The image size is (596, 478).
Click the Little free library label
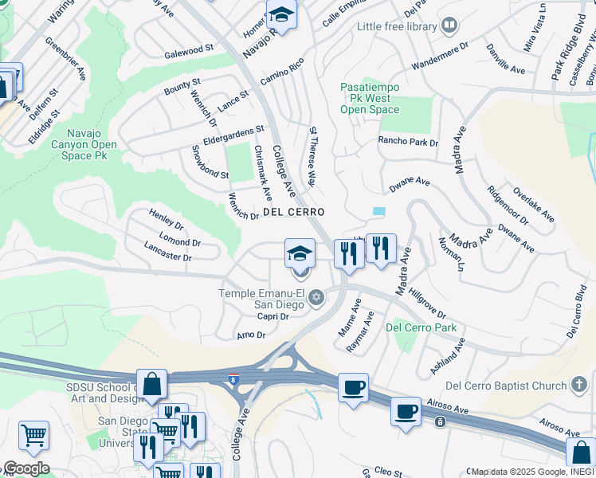(x=397, y=26)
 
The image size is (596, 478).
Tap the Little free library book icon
(x=449, y=26)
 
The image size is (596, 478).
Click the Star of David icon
(x=316, y=298)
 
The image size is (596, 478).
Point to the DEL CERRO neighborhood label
(x=293, y=212)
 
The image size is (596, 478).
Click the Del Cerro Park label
(x=421, y=327)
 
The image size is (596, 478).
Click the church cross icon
(x=578, y=386)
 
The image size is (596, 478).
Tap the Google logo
(x=25, y=468)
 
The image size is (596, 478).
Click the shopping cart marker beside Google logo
(x=33, y=436)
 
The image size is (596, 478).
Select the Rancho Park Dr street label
(x=408, y=143)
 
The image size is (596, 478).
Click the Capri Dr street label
(x=272, y=316)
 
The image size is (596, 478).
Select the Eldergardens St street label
(x=233, y=134)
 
